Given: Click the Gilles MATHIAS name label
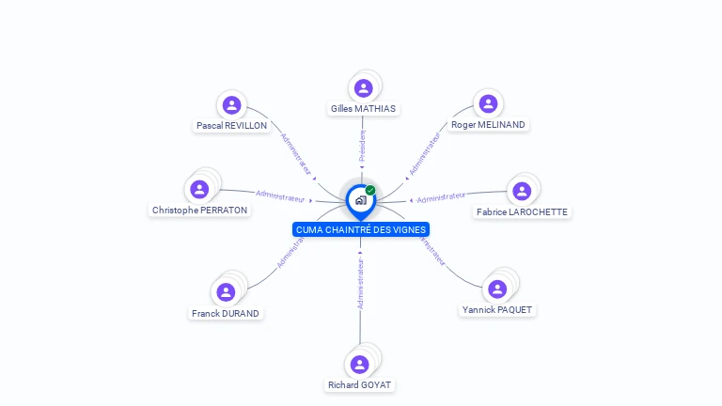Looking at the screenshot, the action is click(363, 109).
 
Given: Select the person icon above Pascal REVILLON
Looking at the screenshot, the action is click(231, 105).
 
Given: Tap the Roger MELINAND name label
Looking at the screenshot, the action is click(488, 125).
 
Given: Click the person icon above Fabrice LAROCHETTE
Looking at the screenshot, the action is click(522, 191).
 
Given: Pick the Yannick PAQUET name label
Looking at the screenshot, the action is click(498, 309).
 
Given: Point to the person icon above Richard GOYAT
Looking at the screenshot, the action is click(359, 364).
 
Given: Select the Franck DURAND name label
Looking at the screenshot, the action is click(226, 313).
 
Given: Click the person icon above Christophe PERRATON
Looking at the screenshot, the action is click(199, 189).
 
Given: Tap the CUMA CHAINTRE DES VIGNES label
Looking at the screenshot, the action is click(361, 230).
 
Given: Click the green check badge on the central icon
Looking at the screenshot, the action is click(370, 190).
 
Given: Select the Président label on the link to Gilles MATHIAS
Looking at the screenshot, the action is click(362, 146).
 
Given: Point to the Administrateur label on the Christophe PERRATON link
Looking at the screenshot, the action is click(280, 196).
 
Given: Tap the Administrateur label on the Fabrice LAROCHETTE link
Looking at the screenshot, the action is click(441, 197).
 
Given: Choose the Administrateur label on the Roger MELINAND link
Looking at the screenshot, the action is click(425, 153).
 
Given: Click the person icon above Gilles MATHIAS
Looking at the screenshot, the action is click(364, 87).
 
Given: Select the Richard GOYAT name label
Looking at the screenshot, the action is click(360, 385).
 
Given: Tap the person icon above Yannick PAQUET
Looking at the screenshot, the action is click(498, 289).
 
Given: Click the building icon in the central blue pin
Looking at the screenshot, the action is click(360, 200).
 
